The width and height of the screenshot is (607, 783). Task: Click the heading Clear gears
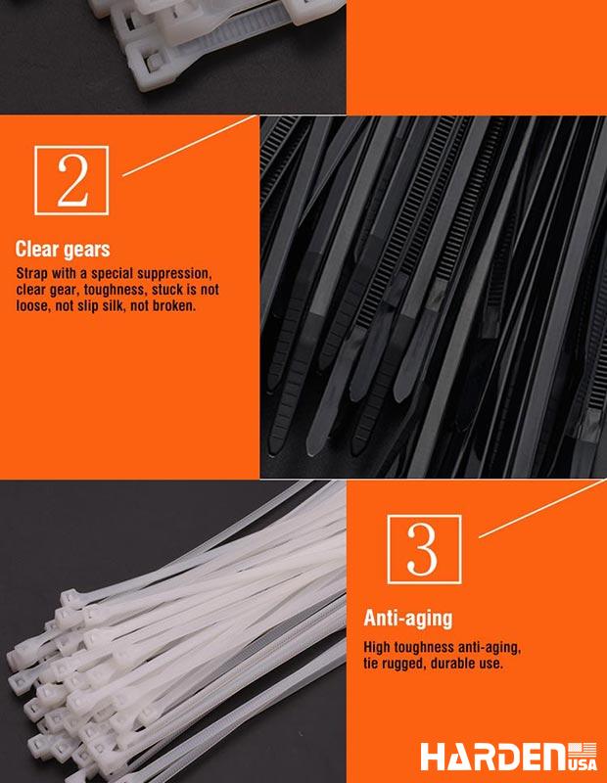(63, 249)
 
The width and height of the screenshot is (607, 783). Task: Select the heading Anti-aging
(408, 619)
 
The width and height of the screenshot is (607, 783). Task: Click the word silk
(114, 305)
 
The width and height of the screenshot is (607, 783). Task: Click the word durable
(456, 664)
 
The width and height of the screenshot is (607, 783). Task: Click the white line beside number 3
(540, 509)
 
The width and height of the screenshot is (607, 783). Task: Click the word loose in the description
(33, 305)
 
